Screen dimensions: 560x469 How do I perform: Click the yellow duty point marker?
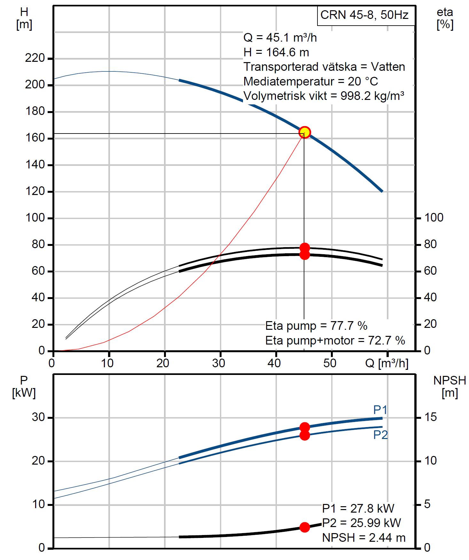pos(304,132)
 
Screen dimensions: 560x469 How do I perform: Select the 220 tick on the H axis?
pos(35,59)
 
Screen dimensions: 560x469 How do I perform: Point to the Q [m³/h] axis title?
pos(387,363)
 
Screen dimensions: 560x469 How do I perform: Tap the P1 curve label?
pos(380,410)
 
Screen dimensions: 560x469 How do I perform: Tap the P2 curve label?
pos(380,435)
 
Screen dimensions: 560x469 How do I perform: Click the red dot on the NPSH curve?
pos(305,527)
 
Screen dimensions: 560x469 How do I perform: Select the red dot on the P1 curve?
pos(305,427)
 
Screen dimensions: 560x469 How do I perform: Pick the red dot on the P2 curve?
pos(305,435)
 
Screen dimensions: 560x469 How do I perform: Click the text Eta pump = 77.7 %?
pos(316,326)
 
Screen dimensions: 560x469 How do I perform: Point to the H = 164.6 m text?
pos(276,52)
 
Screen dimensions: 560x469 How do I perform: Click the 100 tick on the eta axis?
pos(434,218)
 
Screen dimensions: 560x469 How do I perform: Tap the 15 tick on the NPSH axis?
pos(430,417)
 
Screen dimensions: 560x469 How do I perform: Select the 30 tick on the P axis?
pos(37,418)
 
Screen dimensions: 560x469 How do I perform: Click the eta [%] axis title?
pos(445,19)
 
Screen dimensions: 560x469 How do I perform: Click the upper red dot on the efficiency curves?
pos(305,248)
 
